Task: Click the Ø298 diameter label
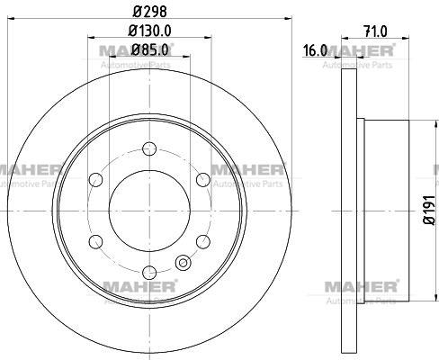point(148,13)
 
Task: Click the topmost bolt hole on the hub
point(150,148)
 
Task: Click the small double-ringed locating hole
point(184,264)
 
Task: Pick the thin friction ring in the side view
point(352,212)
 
